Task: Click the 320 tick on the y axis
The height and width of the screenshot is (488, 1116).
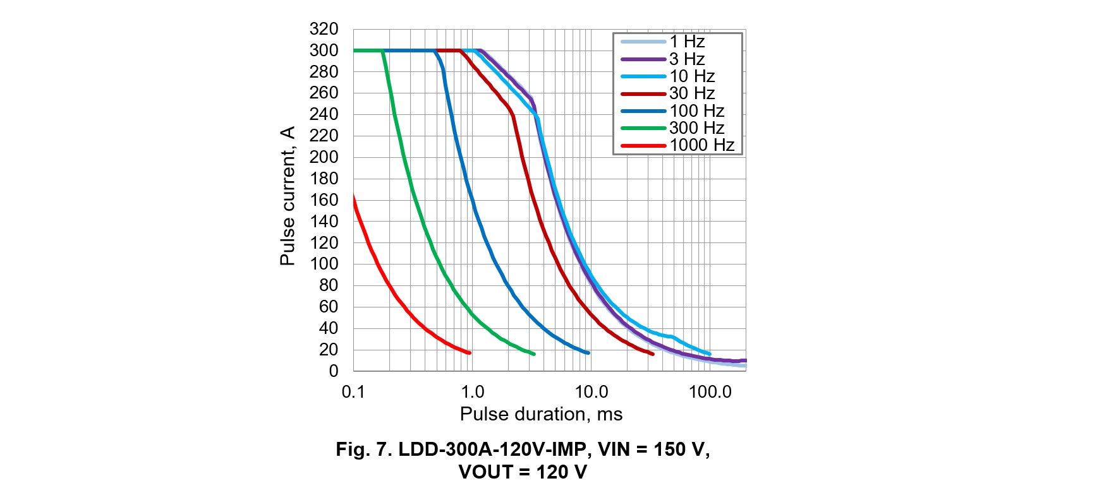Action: [x=324, y=29]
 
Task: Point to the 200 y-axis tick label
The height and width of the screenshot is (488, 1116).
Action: [x=324, y=157]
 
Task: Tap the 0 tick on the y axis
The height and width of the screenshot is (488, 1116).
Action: [x=333, y=371]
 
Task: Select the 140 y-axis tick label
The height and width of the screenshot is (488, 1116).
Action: [x=324, y=222]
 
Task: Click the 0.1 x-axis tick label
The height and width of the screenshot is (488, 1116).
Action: [x=353, y=392]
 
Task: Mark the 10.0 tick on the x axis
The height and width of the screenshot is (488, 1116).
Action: [x=591, y=392]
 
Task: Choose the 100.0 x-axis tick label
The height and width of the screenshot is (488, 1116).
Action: [x=710, y=392]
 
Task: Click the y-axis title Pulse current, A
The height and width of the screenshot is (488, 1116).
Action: [x=288, y=196]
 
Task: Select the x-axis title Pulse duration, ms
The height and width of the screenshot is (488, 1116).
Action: [x=541, y=414]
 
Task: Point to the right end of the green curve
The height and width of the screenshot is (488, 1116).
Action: [x=534, y=354]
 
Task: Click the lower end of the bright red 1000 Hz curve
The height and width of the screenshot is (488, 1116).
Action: [x=470, y=353]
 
